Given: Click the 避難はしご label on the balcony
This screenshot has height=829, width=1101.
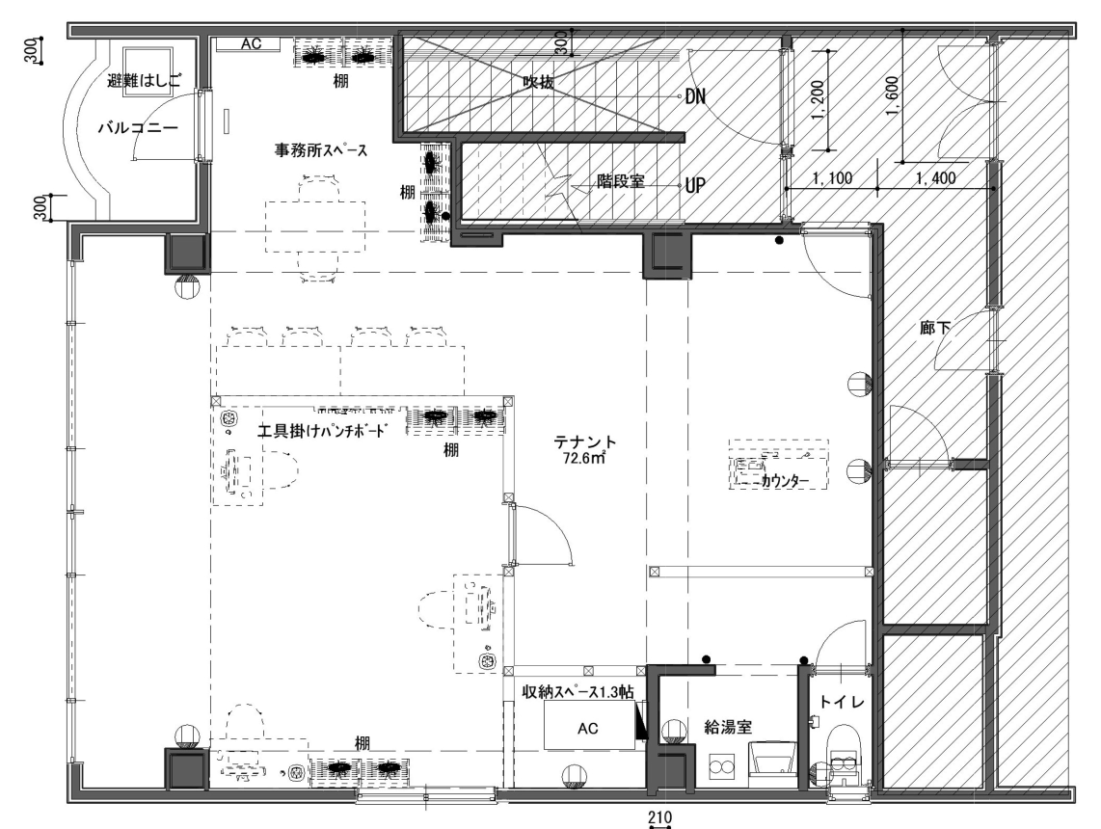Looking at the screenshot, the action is (x=144, y=80).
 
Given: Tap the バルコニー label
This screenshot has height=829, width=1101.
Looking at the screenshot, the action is (x=138, y=128).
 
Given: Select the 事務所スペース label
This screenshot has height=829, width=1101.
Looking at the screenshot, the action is (x=321, y=150).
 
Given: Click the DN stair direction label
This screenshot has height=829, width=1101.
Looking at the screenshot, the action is (x=695, y=96).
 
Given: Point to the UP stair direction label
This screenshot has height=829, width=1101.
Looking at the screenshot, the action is (x=695, y=185).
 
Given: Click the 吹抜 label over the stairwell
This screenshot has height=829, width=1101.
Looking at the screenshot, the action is (x=539, y=82).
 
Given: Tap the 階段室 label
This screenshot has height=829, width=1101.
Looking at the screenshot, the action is (x=621, y=181).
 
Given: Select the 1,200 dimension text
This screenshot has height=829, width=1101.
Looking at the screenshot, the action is (x=818, y=99).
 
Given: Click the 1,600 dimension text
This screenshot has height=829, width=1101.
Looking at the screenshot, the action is (x=893, y=95).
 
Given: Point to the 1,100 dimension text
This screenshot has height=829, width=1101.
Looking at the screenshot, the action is (x=832, y=178).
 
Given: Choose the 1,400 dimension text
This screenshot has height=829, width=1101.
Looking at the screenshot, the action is (x=935, y=178).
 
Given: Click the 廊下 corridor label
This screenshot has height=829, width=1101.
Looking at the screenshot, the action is (x=935, y=328).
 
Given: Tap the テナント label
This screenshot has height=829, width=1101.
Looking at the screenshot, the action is (x=585, y=442).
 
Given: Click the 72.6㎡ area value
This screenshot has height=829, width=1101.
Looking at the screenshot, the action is (x=584, y=459).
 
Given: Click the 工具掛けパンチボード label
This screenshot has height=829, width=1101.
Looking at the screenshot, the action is (x=322, y=431).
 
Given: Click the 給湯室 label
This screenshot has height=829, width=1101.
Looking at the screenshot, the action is (x=728, y=727).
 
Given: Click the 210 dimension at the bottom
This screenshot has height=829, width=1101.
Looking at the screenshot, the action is (x=659, y=817).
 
